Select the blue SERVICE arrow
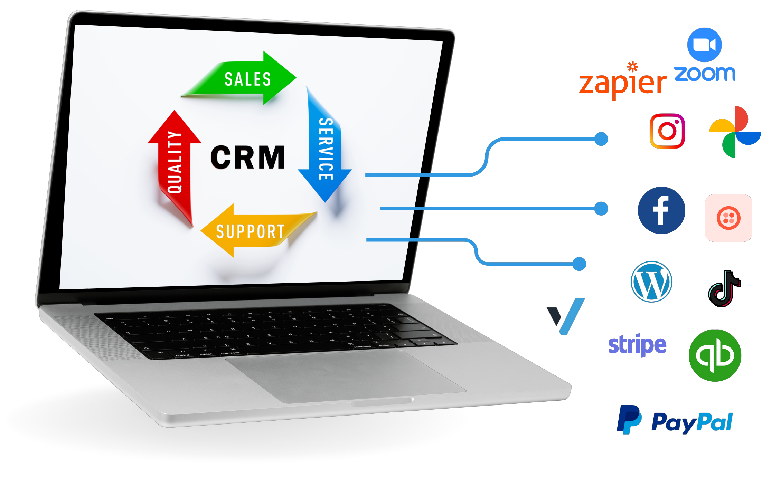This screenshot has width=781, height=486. tap(325, 149)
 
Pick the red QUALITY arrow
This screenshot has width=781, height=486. tap(175, 162)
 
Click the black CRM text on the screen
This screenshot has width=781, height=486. tap(247, 158)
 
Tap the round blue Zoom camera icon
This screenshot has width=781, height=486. tap(704, 45)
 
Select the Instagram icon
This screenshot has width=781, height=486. tap(667, 131)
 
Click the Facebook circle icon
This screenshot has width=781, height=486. tap(661, 210)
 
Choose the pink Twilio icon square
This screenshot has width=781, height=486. tap(728, 218)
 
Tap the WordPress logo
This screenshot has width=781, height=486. tap(651, 282)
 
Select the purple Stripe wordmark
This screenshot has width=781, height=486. tap(637, 344)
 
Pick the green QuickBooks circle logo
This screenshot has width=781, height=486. tap(715, 355)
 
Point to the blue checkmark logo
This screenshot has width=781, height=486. tap(567, 316)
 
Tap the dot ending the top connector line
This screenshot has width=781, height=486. tap(601, 139)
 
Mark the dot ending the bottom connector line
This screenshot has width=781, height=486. tap(579, 264)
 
